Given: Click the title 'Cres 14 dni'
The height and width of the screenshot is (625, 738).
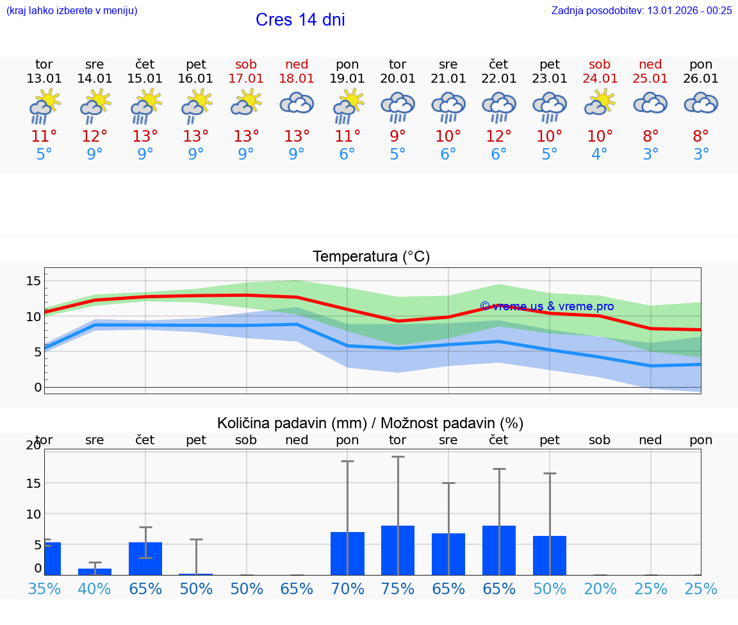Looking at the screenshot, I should [x=300, y=20].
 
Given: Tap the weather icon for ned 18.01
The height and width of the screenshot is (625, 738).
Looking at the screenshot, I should [x=297, y=103].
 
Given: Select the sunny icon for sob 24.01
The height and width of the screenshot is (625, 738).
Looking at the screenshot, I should [x=600, y=103].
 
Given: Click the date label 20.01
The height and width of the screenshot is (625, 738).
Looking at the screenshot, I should [x=398, y=79].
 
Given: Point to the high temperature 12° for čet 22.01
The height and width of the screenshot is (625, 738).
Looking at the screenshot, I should [x=498, y=136].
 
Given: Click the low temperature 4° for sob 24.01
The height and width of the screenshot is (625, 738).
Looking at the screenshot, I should [x=600, y=154].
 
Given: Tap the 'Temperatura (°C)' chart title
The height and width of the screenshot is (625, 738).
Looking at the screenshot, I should [x=371, y=257].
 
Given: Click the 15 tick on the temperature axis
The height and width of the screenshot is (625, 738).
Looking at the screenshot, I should [x=34, y=281].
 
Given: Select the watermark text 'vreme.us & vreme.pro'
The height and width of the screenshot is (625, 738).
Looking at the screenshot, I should [x=546, y=306].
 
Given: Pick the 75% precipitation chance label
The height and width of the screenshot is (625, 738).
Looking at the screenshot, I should [x=398, y=588].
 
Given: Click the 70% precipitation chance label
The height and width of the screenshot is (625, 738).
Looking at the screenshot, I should [x=347, y=588].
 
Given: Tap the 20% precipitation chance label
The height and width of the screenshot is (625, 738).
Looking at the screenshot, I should [x=600, y=588].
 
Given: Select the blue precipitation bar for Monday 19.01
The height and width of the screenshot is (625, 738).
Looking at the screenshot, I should [x=347, y=554].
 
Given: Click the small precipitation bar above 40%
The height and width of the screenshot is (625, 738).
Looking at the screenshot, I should [x=95, y=571].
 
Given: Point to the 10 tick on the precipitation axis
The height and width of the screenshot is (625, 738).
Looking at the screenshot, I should [x=34, y=514].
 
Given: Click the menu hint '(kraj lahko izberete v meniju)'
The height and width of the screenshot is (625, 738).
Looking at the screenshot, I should [x=72, y=10].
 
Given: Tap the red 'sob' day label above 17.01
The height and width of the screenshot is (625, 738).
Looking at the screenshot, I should [x=246, y=64].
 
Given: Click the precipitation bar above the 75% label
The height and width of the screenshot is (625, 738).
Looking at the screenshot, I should [x=398, y=551].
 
